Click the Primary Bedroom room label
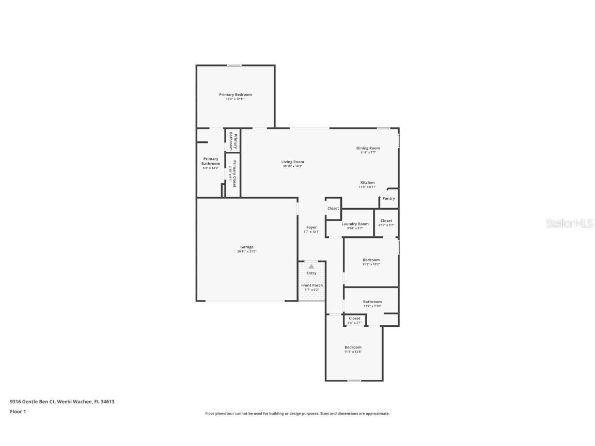click(235, 95)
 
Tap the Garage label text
click(246, 247)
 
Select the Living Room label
click(292, 162)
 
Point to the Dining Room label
click(368, 149)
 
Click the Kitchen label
click(367, 183)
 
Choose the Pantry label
click(388, 199)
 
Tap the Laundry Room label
click(355, 224)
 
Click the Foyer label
click(311, 228)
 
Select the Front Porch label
click(312, 285)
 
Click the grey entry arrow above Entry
click(311, 267)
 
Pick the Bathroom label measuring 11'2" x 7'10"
click(372, 302)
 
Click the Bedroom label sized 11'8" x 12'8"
click(353, 347)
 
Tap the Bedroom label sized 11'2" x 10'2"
click(371, 260)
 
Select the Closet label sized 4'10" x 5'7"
click(386, 221)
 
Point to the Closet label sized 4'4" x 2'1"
click(354, 318)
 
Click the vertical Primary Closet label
click(233, 173)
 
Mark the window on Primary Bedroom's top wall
click(234, 65)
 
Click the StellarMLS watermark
click(568, 223)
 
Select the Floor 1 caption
click(18, 411)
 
